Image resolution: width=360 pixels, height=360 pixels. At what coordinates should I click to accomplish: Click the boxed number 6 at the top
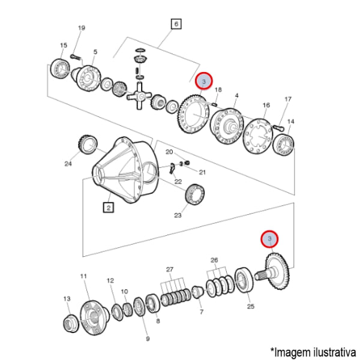coord(176,24)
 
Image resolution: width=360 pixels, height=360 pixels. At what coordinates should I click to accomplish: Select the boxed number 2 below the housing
coord(109,208)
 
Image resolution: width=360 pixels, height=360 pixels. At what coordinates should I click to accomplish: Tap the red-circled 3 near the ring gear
coord(204,81)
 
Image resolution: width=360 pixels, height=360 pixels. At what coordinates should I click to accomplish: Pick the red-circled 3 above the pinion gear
coord(269,239)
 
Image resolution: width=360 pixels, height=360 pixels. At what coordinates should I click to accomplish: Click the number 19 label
coord(82,28)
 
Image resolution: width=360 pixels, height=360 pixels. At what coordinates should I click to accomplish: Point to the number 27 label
coord(169,269)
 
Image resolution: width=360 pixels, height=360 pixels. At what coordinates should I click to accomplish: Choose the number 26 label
coord(214,260)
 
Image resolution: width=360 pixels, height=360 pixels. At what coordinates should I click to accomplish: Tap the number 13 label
coord(67,299)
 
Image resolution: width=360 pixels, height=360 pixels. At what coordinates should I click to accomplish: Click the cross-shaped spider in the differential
coord(139,96)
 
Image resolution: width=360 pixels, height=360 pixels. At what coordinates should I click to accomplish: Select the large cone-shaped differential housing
coord(125,169)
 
